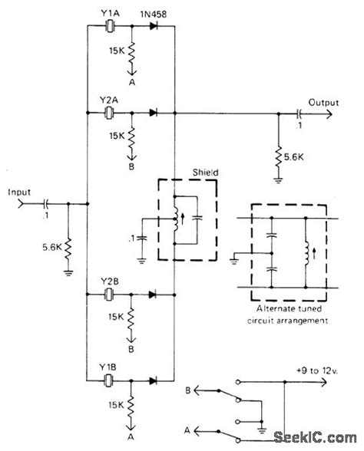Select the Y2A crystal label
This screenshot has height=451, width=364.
coord(108,100)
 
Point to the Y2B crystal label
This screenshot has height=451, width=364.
coord(108,281)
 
